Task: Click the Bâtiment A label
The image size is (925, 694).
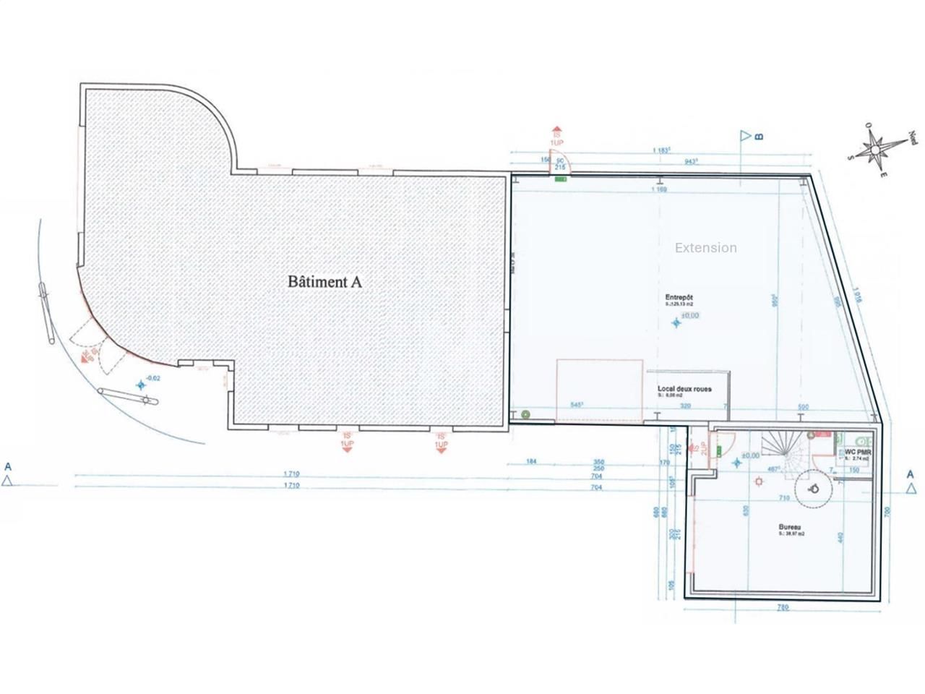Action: pyautogui.click(x=324, y=282)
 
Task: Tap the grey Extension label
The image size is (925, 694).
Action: pyautogui.click(x=705, y=248)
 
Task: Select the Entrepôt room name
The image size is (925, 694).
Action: pyautogui.click(x=679, y=297)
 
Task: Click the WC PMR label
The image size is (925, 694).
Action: pyautogui.click(x=858, y=453)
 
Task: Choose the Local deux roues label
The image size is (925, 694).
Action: pyautogui.click(x=684, y=389)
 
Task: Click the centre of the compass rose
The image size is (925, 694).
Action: pyautogui.click(x=875, y=150)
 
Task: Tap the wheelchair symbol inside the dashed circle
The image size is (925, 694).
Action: pyautogui.click(x=814, y=489)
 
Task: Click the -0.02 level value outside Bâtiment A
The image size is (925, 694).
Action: pyautogui.click(x=153, y=377)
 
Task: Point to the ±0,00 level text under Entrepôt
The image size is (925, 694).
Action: pyautogui.click(x=689, y=315)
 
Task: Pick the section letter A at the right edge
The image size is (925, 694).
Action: pyautogui.click(x=912, y=474)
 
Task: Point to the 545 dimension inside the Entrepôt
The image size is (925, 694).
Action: pyautogui.click(x=577, y=406)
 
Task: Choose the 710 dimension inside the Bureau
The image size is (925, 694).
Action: pyautogui.click(x=783, y=498)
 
